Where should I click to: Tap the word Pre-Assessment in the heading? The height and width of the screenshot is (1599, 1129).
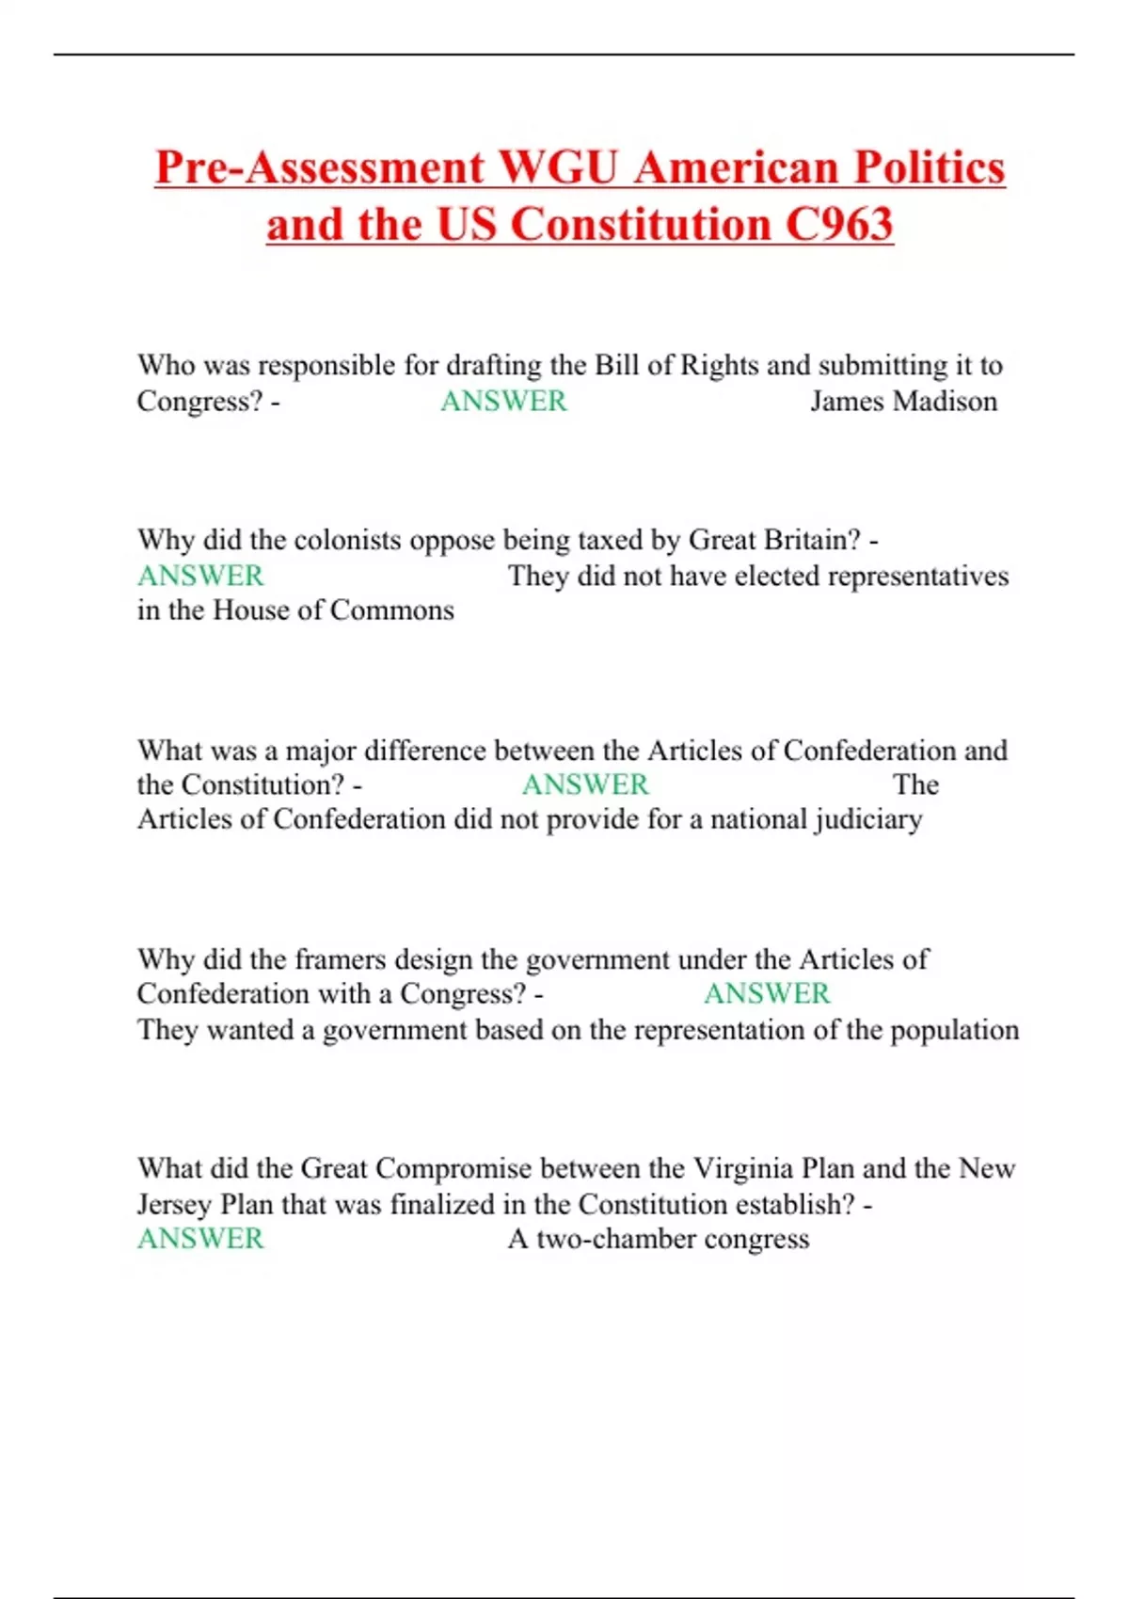point(319,167)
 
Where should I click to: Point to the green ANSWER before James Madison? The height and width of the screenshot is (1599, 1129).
point(503,401)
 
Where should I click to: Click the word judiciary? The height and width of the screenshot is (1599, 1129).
point(868,819)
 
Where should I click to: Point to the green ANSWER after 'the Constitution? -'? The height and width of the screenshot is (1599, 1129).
point(585,784)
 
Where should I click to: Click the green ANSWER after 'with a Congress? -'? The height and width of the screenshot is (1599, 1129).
point(767,994)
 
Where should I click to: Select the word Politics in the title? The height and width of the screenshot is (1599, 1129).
point(929,167)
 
